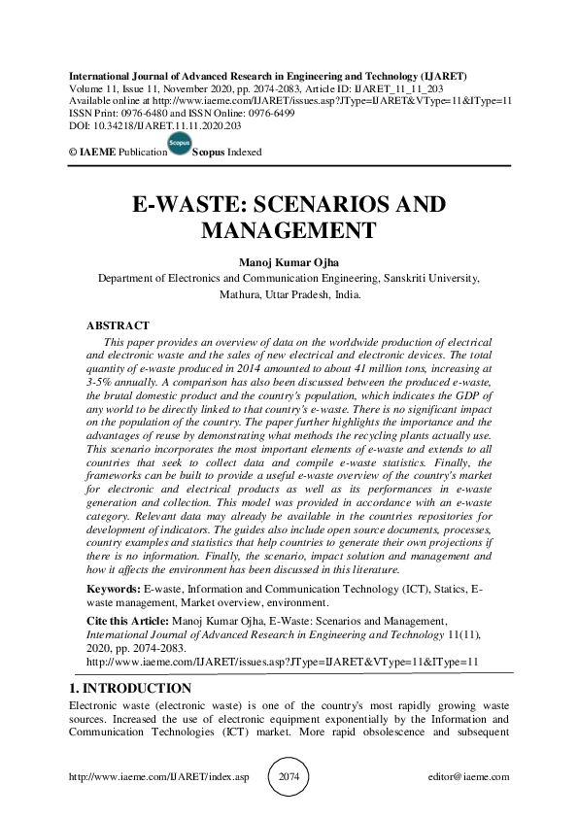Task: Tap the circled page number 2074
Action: tap(288, 777)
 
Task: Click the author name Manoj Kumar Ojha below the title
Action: tap(289, 260)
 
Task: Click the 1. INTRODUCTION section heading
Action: tap(125, 688)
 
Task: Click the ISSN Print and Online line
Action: tap(175, 113)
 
